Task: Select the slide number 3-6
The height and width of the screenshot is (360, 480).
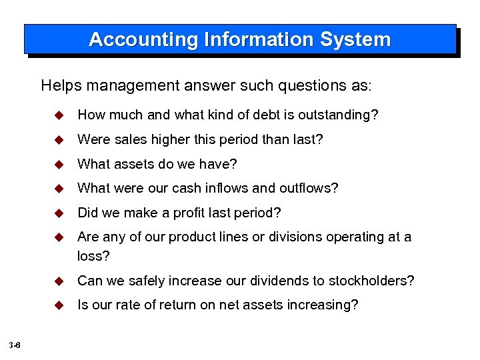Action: click(x=15, y=345)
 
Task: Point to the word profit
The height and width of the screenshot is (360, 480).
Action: click(x=190, y=213)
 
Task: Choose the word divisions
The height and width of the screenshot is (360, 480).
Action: click(x=317, y=237)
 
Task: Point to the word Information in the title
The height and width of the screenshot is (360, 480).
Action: click(x=257, y=39)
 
